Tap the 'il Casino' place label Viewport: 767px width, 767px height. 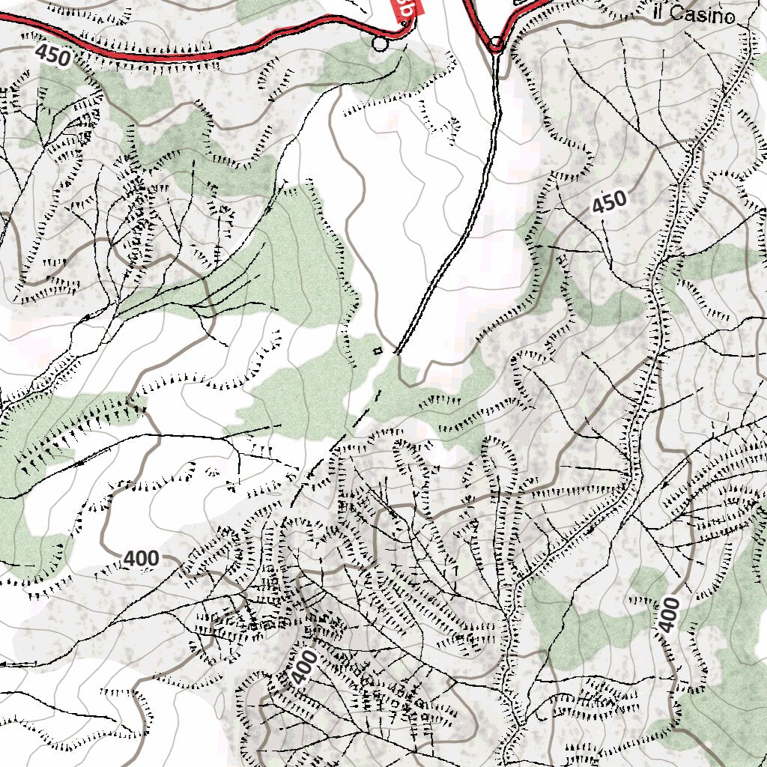click(692, 13)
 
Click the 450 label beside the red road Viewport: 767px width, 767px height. click(52, 55)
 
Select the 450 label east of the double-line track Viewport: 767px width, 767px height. click(608, 203)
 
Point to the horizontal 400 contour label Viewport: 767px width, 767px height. click(141, 558)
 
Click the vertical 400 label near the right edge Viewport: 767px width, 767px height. click(669, 615)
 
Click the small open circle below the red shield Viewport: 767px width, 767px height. click(381, 44)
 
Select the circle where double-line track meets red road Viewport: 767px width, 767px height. click(496, 44)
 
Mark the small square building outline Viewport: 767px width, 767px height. click(378, 350)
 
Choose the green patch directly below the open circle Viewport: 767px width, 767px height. click(375, 71)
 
